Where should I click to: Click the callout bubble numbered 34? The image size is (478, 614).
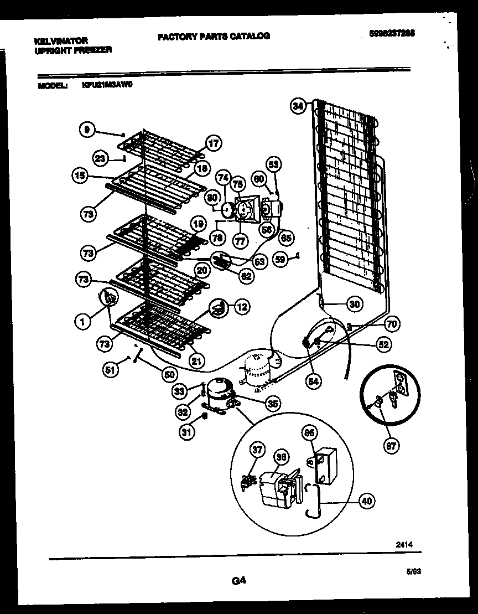pos(298,105)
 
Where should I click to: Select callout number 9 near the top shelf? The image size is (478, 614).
pos(86,130)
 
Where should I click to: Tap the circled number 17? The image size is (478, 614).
pos(214,143)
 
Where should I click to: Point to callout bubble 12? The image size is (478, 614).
pos(242,306)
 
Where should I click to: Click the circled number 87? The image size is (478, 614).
pos(391,446)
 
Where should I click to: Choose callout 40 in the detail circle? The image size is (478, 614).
pos(366,501)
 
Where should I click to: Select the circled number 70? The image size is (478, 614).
pos(392,324)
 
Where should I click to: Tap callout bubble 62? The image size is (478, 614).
pos(246,275)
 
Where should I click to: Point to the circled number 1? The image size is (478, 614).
pos(82,319)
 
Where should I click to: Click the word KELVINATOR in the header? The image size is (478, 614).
pos(61,41)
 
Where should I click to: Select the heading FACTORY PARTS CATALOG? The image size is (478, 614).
pos(214,36)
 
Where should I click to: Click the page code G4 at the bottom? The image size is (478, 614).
pos(238,581)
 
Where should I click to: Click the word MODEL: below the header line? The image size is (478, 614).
pos(53,86)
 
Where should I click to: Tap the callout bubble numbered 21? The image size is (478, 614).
pos(195,361)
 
